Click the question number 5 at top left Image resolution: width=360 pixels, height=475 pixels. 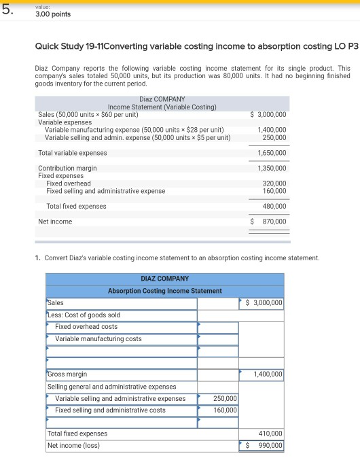8,9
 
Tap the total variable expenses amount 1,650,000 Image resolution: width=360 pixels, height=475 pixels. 272,153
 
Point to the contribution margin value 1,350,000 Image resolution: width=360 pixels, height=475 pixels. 272,168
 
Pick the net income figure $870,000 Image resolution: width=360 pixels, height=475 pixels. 269,222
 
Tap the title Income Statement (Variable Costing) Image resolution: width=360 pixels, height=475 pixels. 162,107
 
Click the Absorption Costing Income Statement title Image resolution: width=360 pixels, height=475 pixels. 164,291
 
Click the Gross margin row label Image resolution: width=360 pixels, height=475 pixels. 67,374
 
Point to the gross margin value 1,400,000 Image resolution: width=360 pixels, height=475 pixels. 268,374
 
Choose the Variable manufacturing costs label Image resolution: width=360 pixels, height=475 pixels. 98,338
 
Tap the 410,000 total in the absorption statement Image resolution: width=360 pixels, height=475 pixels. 270,434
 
